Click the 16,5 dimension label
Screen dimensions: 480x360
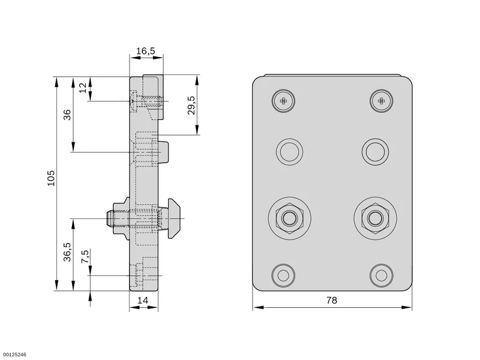[145, 51]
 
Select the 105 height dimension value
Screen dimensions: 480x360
[50, 178]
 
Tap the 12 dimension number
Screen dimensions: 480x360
[83, 88]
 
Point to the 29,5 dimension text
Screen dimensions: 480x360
[191, 105]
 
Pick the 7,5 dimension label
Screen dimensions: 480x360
[85, 257]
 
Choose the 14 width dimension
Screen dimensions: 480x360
[143, 301]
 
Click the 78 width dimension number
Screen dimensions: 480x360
[332, 301]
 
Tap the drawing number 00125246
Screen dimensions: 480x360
[13, 355]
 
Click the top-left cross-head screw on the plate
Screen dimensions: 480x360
[283, 101]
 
